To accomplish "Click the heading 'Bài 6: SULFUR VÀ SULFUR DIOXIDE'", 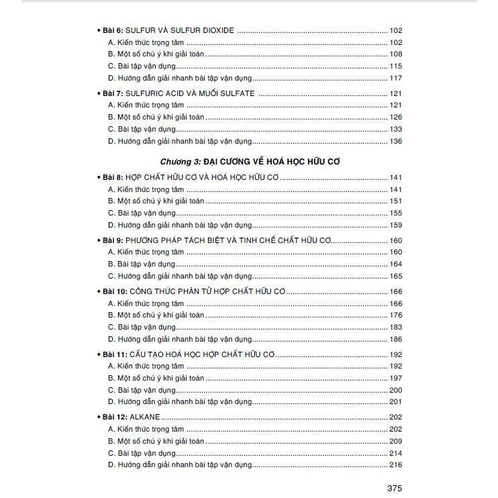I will tap(168, 30).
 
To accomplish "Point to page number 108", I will tap(395, 54).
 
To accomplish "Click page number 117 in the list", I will tap(395, 79).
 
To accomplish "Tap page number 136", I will tap(395, 142).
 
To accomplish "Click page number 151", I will tap(395, 201).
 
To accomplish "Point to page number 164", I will tap(395, 264).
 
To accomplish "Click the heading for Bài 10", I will tap(195, 291).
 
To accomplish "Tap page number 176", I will tap(395, 315).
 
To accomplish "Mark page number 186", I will tap(395, 340).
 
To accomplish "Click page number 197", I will tap(395, 379).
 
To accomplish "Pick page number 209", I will tap(395, 441).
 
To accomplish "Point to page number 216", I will tap(395, 465).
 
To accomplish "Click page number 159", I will tap(395, 226).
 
